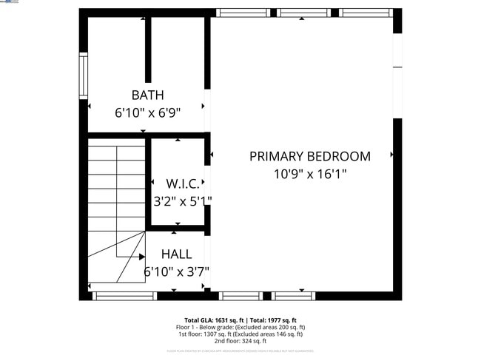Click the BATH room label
click(x=147, y=95)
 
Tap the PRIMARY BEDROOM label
click(x=309, y=156)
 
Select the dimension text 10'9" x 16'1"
click(x=309, y=175)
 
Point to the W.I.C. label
click(x=182, y=183)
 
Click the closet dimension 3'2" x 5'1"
click(x=182, y=200)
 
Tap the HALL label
click(x=176, y=254)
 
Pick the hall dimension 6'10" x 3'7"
click(x=176, y=272)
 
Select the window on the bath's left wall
click(x=84, y=77)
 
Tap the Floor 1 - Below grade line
click(x=240, y=327)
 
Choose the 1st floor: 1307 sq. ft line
click(x=240, y=334)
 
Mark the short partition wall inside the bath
click(x=148, y=49)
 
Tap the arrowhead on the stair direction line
click(x=141, y=257)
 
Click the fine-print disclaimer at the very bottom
click(x=240, y=350)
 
